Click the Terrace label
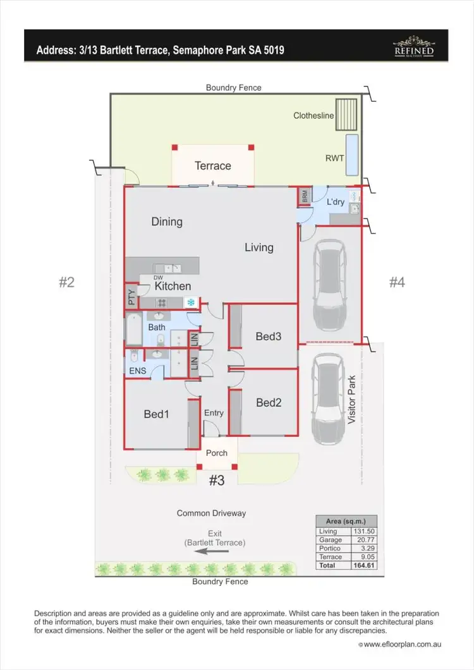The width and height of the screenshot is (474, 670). point(212,166)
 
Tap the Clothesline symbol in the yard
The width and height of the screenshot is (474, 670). point(347,114)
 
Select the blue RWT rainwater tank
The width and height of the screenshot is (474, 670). point(352,155)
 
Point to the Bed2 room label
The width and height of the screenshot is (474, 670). point(269,402)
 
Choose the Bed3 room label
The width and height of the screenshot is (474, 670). point(269,337)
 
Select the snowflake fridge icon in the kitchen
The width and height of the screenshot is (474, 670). point(190,302)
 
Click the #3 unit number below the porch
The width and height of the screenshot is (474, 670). point(216,481)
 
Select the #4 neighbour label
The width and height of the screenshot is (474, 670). point(396,282)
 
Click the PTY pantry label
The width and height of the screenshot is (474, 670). point(131,297)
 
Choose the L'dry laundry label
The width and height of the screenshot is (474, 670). point(335,202)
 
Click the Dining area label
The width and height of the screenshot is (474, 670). point(167,222)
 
